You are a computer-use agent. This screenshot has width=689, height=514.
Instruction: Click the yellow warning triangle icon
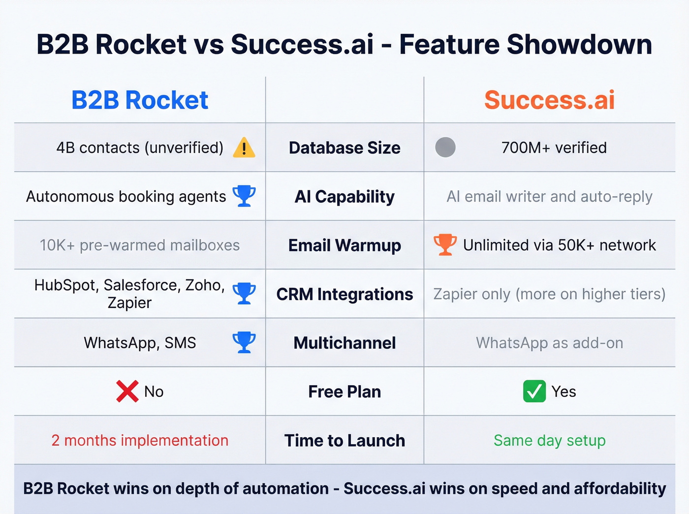[244, 148]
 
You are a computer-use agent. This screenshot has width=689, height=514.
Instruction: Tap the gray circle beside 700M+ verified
[445, 148]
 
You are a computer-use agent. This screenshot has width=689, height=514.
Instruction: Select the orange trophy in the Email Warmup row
[445, 244]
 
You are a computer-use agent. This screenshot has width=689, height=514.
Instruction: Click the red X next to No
[127, 392]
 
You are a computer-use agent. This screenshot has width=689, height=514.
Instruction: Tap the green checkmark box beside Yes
[534, 392]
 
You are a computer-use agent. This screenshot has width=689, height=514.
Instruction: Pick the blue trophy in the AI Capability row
[244, 196]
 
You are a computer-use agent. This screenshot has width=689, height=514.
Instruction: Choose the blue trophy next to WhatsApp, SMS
[244, 342]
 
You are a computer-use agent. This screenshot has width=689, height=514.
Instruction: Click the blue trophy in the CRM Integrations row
[244, 293]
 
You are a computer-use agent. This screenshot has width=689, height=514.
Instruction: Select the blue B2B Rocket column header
[140, 100]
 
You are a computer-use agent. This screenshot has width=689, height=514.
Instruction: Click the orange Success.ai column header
[549, 100]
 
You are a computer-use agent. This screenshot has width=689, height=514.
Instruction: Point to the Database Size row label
[344, 148]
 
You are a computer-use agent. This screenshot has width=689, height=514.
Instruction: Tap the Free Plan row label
[344, 392]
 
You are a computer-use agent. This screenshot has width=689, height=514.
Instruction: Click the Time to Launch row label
[344, 440]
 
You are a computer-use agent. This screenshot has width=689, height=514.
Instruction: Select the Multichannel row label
[344, 343]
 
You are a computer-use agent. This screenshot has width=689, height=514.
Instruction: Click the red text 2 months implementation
[140, 440]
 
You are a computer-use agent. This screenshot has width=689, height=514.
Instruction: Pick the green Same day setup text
[549, 440]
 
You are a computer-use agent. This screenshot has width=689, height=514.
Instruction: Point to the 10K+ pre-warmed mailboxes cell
[140, 245]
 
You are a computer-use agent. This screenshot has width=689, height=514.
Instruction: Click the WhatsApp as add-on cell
[549, 343]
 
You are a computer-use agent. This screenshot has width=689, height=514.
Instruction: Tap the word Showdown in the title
[579, 44]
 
